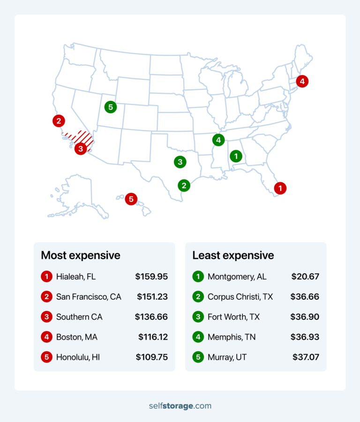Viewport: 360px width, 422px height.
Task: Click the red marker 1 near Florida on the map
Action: click(x=280, y=188)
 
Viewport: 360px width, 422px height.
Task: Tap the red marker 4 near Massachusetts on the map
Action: click(x=302, y=82)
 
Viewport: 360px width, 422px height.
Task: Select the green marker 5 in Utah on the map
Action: click(x=111, y=107)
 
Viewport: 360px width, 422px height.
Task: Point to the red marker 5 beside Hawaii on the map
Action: click(x=131, y=199)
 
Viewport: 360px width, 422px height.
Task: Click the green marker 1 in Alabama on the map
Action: click(x=236, y=156)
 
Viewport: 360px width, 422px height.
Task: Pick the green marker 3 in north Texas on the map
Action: click(x=180, y=162)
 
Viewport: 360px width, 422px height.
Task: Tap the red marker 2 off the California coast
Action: click(x=59, y=121)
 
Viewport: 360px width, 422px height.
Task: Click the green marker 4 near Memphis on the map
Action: click(x=218, y=140)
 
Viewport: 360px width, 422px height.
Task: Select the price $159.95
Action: click(x=151, y=277)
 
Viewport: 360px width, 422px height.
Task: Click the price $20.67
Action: click(x=305, y=277)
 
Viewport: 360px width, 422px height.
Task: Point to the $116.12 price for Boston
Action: click(x=153, y=337)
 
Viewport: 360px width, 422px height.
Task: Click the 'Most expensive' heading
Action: click(x=81, y=256)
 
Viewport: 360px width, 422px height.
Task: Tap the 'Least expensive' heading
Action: click(x=233, y=256)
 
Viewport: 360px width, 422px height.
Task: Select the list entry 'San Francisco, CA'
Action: click(x=89, y=297)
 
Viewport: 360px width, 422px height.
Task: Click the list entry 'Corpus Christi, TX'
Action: click(x=240, y=297)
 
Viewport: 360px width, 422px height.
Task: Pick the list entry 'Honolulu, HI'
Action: click(x=78, y=357)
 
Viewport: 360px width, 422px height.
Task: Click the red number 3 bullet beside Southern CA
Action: click(x=46, y=317)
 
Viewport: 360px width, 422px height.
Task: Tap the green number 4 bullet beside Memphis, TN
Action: click(x=198, y=337)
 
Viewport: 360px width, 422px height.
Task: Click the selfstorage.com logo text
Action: click(x=180, y=406)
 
